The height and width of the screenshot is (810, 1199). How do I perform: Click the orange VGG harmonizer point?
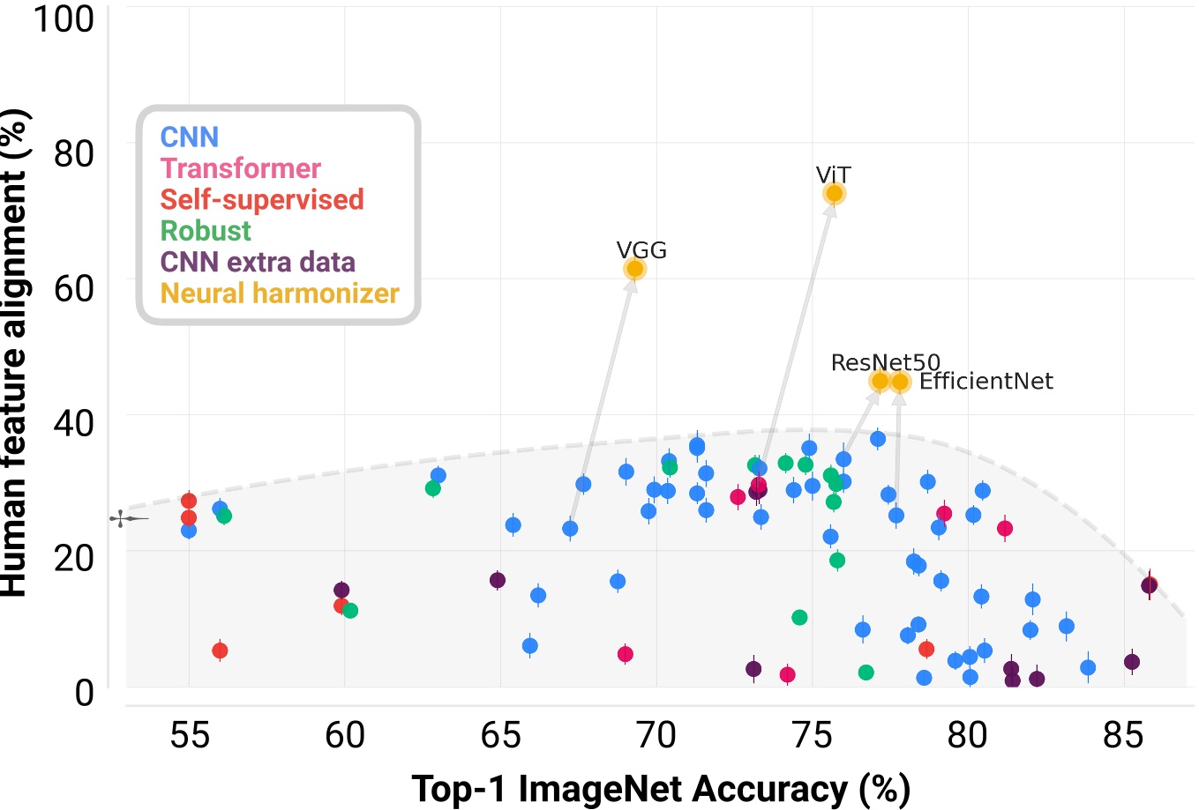634,269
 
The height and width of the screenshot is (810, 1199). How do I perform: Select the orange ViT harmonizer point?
834,194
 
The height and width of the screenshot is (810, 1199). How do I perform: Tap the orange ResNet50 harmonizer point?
880,381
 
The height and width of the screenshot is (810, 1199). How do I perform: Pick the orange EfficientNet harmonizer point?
900,382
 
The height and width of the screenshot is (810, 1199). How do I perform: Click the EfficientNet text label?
985,382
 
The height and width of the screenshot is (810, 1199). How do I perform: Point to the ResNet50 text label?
885,362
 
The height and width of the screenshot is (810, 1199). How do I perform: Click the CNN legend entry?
189,137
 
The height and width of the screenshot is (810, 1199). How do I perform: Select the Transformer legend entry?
240,168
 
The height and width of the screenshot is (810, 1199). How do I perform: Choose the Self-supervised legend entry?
261,199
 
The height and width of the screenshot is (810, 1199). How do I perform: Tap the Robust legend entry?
206,231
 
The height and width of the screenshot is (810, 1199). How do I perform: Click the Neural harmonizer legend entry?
280,294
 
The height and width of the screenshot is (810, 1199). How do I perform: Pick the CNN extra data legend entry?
258,262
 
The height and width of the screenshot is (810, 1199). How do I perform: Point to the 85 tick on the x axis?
1123,734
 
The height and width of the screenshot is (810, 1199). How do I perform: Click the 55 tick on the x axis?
189,734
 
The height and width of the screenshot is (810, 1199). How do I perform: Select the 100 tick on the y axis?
64,19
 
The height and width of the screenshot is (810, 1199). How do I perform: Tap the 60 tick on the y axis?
74,288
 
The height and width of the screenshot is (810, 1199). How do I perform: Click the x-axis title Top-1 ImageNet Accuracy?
660,789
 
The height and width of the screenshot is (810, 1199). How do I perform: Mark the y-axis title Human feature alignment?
15,353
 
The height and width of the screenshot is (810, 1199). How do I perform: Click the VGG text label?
641,250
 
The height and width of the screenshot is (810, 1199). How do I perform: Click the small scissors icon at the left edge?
122,518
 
